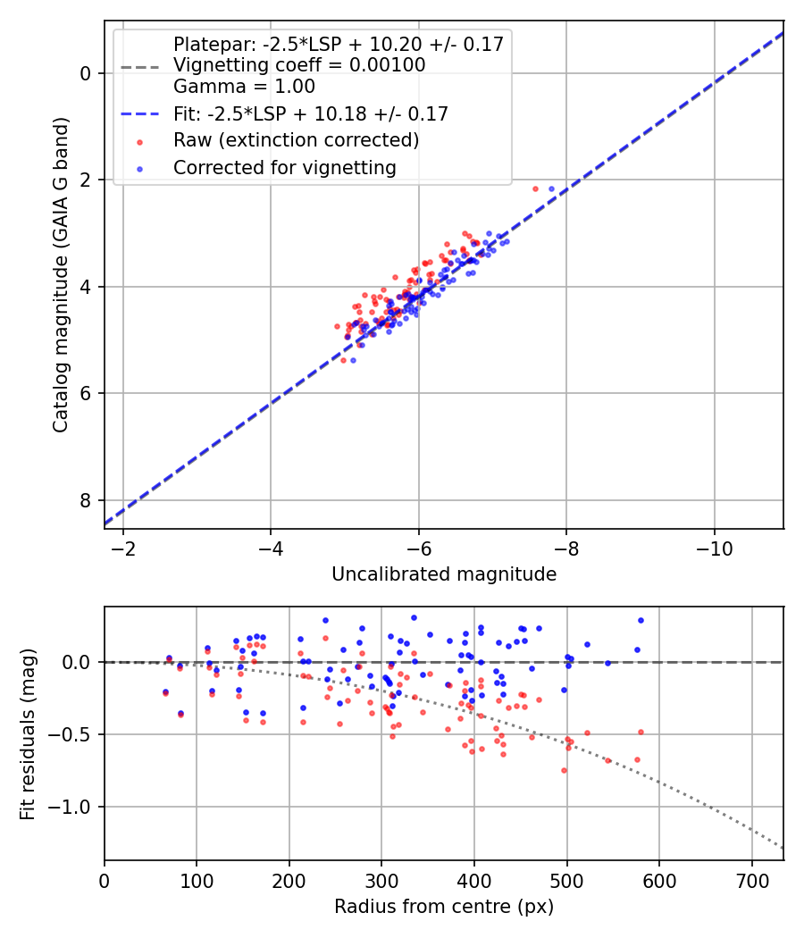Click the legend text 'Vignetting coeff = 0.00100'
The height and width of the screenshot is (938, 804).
(x=299, y=65)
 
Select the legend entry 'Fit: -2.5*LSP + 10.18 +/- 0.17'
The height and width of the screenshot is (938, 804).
(x=311, y=114)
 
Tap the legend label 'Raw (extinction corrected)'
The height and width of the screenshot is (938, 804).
(x=296, y=140)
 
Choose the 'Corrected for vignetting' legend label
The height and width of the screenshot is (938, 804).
(x=284, y=167)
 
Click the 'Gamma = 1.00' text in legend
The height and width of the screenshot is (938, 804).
(x=244, y=87)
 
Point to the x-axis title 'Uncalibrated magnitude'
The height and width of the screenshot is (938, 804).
(x=444, y=574)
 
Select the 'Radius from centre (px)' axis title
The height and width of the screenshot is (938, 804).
(x=444, y=907)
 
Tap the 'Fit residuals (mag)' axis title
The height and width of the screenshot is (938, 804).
(x=28, y=733)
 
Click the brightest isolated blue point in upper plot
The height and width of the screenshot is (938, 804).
(x=551, y=188)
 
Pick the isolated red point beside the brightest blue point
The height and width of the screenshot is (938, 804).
(x=535, y=188)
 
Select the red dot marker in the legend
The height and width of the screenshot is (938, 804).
(x=138, y=141)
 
